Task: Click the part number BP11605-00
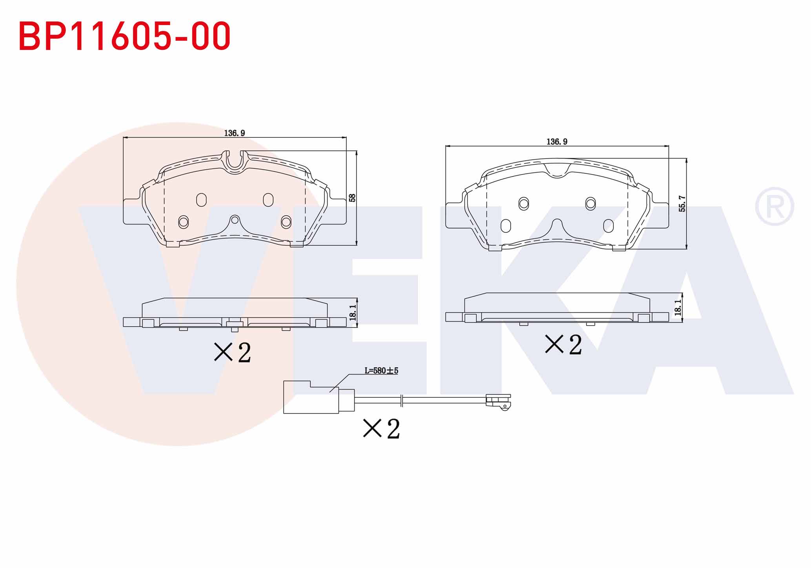(124, 36)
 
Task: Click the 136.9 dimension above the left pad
(235, 133)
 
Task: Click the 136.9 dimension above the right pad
(557, 142)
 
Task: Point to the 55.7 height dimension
(682, 204)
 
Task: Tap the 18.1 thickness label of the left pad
(353, 313)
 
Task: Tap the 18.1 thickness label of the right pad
(677, 308)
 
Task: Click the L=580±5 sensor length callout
(381, 370)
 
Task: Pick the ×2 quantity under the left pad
(232, 352)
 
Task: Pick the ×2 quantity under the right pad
(564, 344)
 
